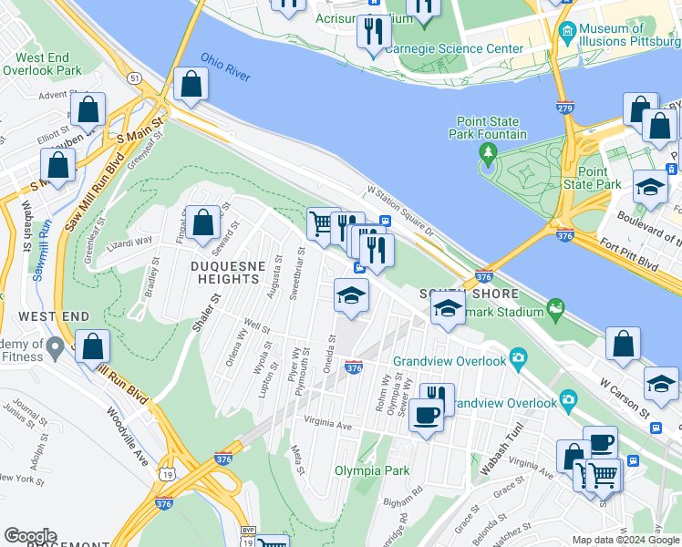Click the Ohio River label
tap(225, 66)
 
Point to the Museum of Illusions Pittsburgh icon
tap(567, 33)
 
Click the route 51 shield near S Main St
tap(135, 79)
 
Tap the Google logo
tap(30, 536)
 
